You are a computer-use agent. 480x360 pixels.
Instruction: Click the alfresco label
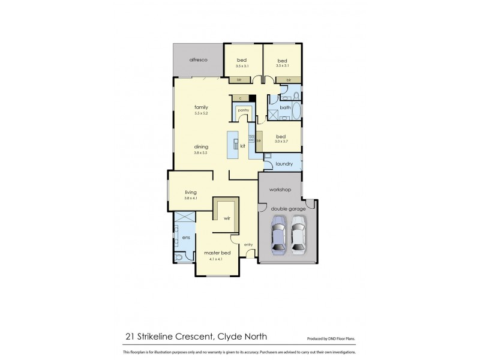point(198,60)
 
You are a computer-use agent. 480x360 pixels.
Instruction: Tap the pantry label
point(243,110)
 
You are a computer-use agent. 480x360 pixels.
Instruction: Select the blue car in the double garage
point(278,236)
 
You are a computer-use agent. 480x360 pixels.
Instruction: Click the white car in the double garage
point(298,236)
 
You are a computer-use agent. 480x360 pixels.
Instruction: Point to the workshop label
point(280,190)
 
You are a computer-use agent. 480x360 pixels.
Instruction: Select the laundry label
point(284,163)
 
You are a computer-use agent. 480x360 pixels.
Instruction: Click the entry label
point(248,244)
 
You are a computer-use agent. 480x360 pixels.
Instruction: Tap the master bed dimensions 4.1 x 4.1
point(213,259)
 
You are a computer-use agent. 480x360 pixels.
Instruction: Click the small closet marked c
point(240,97)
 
